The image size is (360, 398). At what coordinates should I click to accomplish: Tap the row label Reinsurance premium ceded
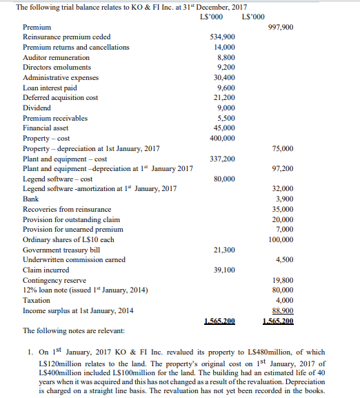coord(66,37)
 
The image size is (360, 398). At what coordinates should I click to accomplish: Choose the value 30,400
coord(222,77)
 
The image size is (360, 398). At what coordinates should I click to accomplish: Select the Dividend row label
coord(36,108)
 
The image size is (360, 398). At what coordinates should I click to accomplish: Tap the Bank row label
coord(30,199)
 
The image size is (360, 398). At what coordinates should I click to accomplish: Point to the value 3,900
coord(283,199)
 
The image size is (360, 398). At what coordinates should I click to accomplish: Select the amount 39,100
coord(222,270)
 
